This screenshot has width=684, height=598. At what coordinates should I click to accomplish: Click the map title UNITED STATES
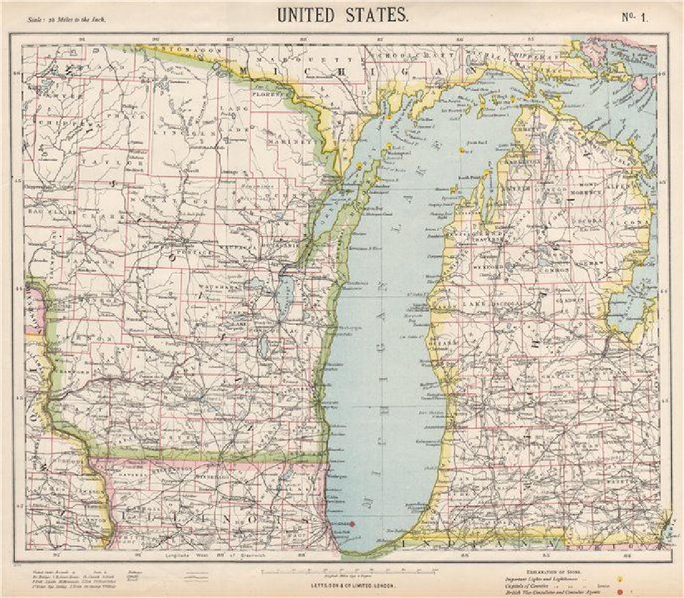(x=343, y=14)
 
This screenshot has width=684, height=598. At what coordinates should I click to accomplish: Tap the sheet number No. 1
(x=634, y=17)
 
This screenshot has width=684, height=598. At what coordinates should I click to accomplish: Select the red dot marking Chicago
(x=352, y=524)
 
